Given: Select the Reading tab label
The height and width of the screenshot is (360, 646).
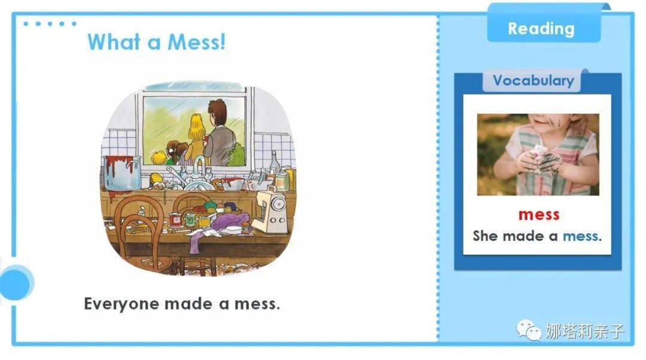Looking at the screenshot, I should (541, 29).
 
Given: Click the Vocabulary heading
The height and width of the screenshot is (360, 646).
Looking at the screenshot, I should (533, 81).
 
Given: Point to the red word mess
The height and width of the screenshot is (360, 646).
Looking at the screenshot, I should (539, 214).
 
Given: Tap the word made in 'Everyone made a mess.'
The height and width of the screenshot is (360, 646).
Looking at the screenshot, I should (187, 304).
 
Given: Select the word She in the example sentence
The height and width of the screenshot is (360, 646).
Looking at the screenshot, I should (485, 236).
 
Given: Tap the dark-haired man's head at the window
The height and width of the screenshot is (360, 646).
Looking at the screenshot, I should (217, 112).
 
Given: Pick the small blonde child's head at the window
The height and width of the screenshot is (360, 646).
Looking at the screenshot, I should (159, 157).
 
